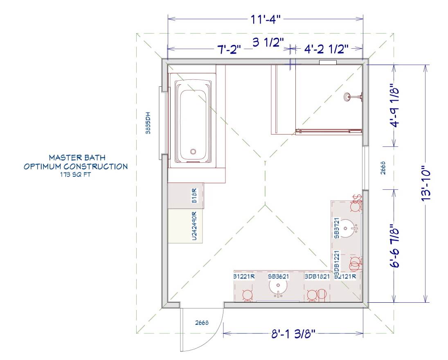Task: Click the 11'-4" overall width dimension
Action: [266, 20]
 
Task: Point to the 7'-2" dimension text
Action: [230, 50]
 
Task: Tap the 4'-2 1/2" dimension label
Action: [326, 49]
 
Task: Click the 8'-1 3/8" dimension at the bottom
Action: [293, 333]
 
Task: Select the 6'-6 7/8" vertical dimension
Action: [395, 245]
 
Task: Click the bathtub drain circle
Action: [193, 151]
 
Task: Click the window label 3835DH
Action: [148, 123]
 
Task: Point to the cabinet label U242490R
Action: [194, 226]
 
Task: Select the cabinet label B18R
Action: [194, 196]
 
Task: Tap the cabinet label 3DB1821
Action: [317, 276]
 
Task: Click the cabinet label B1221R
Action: [244, 276]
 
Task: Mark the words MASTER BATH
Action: [77, 157]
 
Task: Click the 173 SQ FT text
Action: [75, 174]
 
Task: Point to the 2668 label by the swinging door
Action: [202, 323]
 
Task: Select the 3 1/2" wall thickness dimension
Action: [268, 42]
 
